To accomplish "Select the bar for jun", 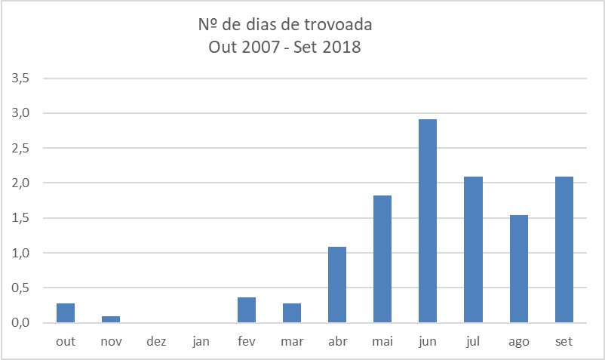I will (428, 220).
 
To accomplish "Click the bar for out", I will (66, 312).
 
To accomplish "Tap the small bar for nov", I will (111, 319).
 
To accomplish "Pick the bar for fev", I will (247, 309).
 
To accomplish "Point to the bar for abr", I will (337, 285).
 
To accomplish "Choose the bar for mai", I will (382, 259).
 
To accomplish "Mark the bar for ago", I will (518, 269).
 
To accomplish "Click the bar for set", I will (564, 249).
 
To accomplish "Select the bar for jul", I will (473, 249).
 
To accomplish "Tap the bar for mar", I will (292, 312).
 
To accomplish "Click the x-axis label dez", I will (156, 342).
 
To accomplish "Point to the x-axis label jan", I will (201, 342).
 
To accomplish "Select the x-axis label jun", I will (428, 342).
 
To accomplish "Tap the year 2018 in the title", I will (344, 48).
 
